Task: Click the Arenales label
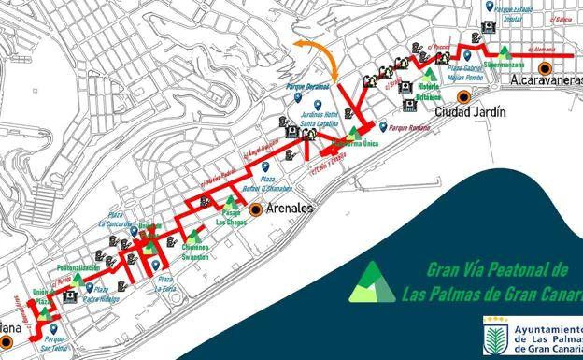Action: (289, 209)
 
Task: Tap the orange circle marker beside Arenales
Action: (256, 210)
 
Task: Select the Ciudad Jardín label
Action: (470, 112)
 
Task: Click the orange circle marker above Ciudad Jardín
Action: (463, 97)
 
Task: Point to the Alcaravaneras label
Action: (547, 80)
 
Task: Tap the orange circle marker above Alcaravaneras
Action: (545, 69)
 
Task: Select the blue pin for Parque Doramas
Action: (298, 97)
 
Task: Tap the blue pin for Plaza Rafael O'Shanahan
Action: (265, 166)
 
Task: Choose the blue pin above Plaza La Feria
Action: (156, 265)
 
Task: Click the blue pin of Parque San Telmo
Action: (53, 329)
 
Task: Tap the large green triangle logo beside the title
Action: (372, 283)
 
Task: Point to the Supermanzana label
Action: (504, 65)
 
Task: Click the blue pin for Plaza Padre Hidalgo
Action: (89, 287)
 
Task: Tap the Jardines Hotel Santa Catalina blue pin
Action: (318, 105)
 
